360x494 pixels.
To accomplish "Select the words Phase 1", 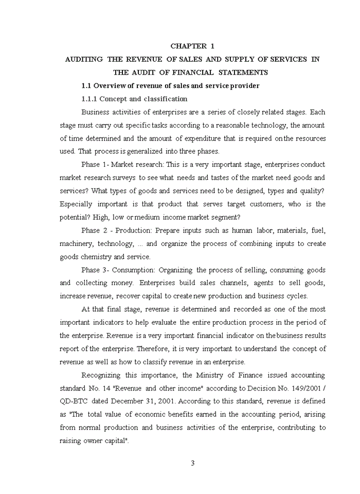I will [94, 165].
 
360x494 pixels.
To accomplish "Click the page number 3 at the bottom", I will [193, 463].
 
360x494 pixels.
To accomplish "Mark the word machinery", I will [76, 244].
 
